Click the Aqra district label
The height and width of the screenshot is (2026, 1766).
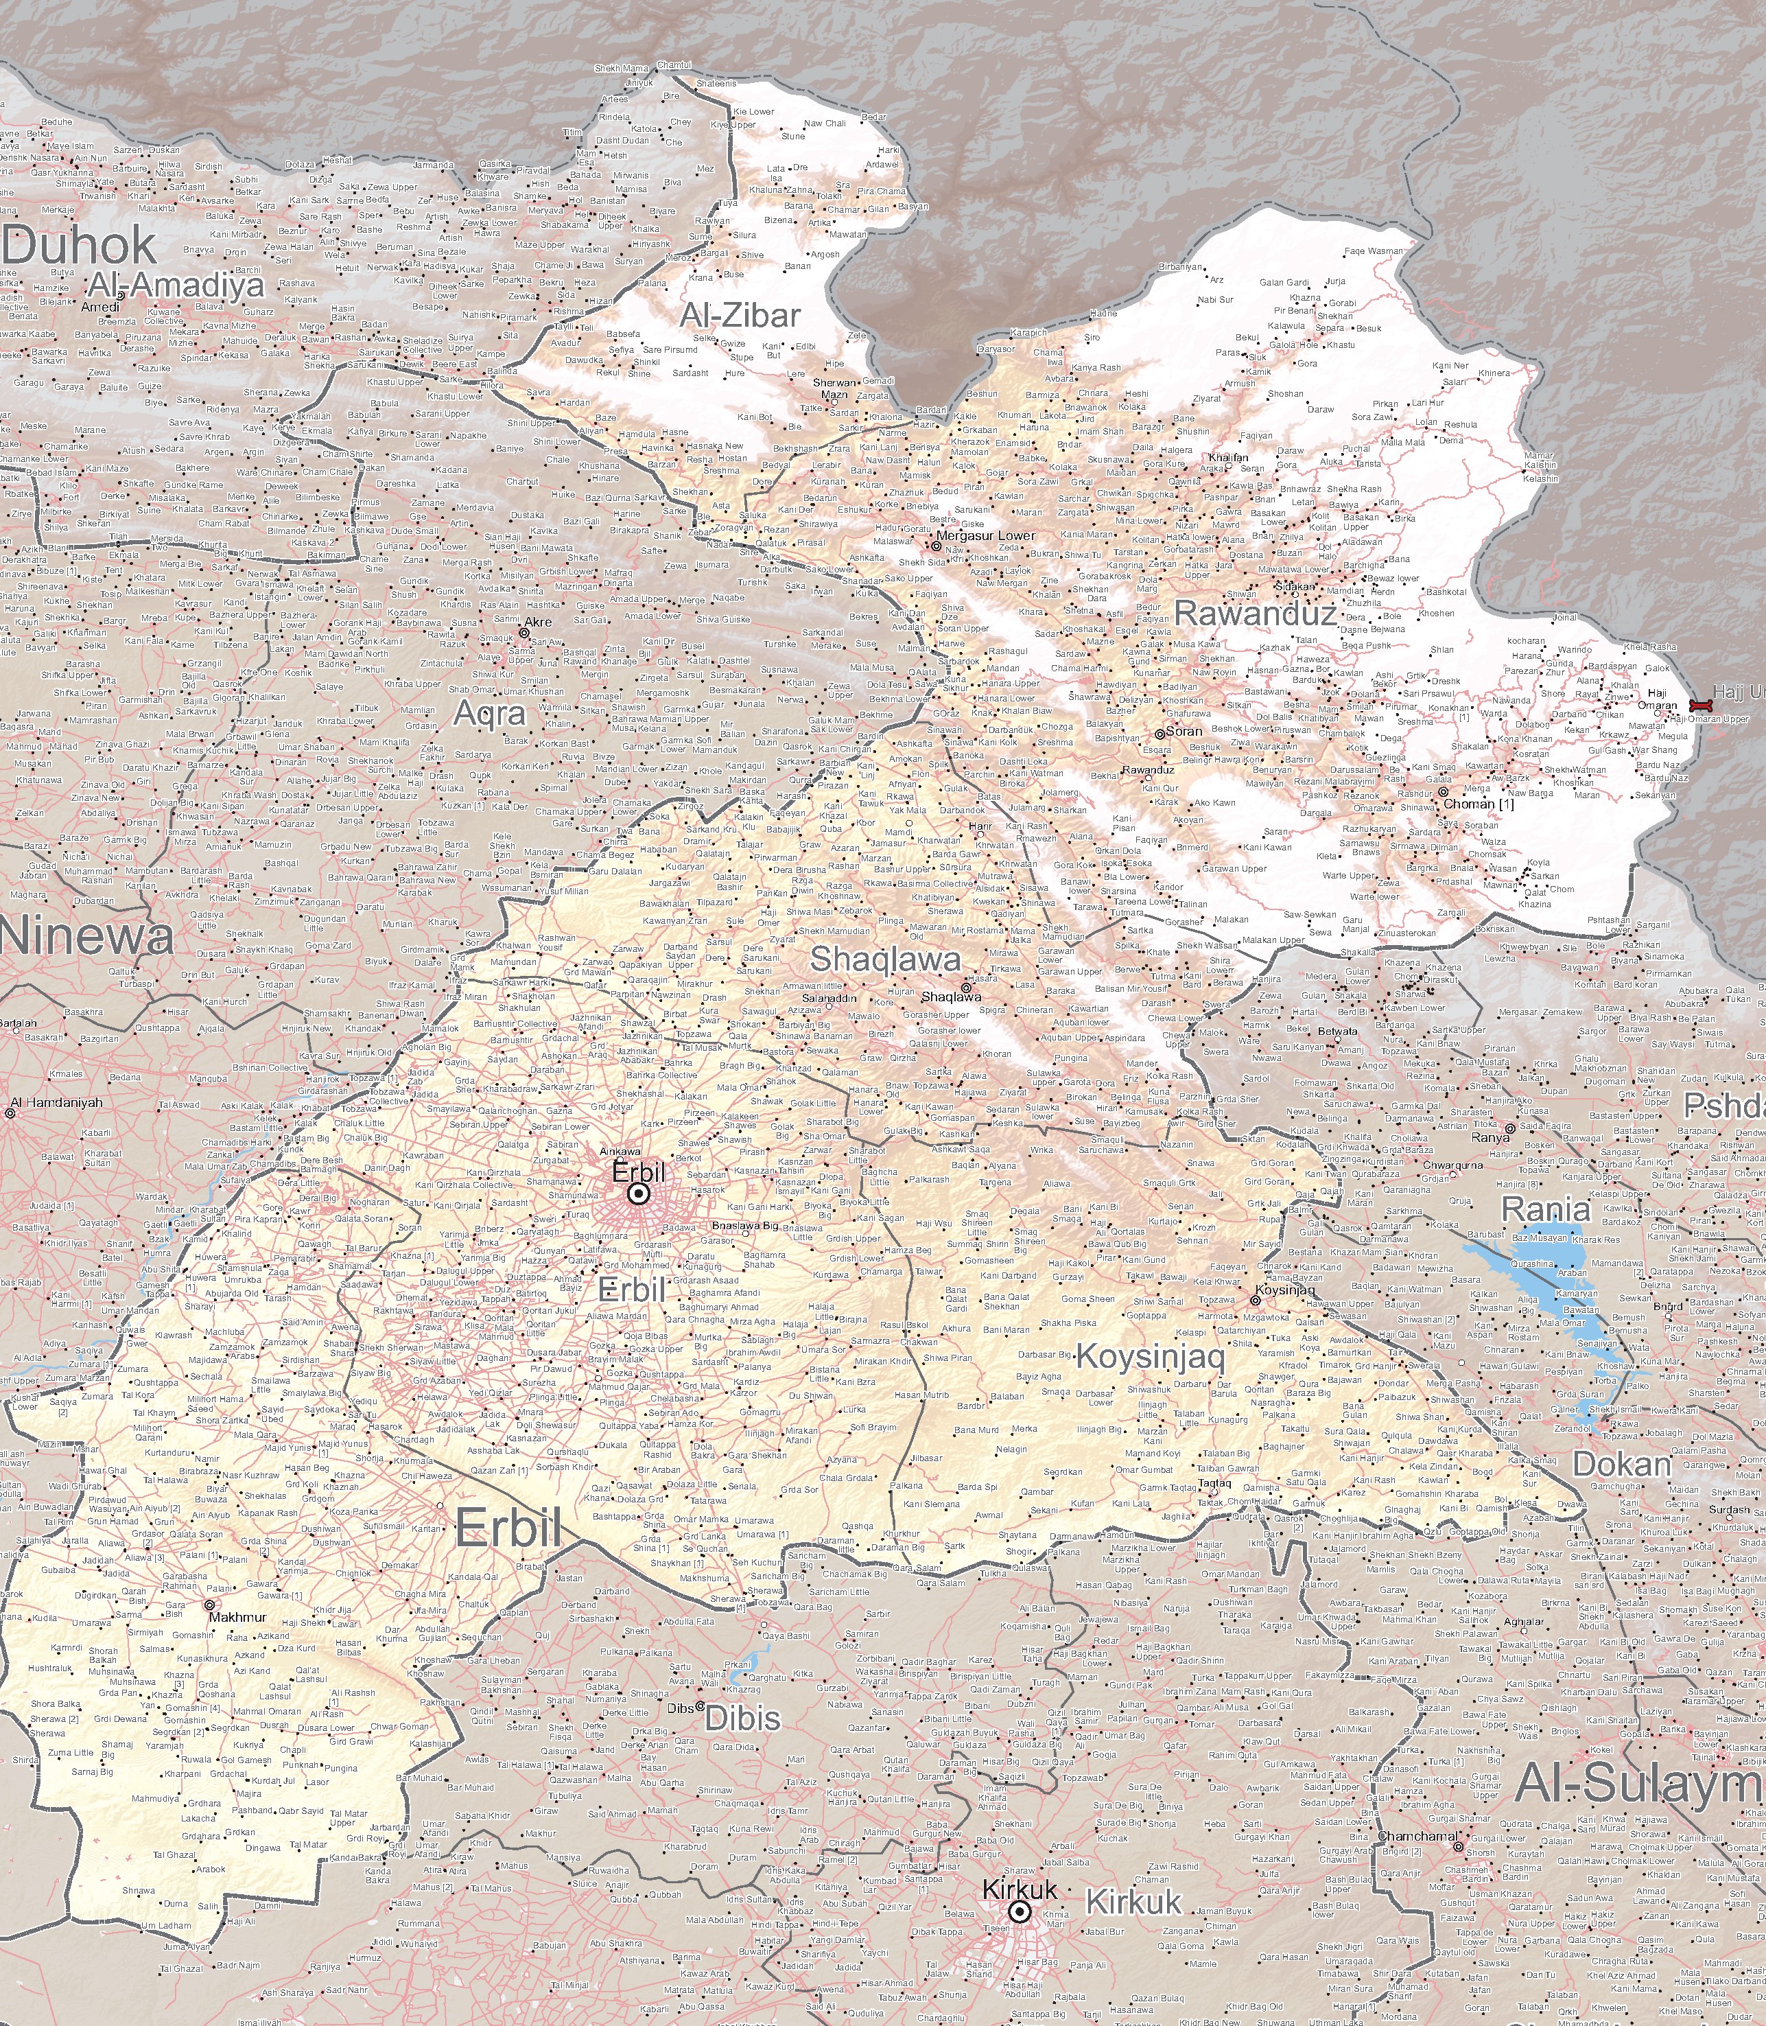[490, 712]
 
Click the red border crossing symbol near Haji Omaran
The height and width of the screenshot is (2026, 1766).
[1700, 706]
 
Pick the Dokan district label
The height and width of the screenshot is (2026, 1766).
[1621, 1464]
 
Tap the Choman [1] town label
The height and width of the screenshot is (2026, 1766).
[1479, 804]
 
